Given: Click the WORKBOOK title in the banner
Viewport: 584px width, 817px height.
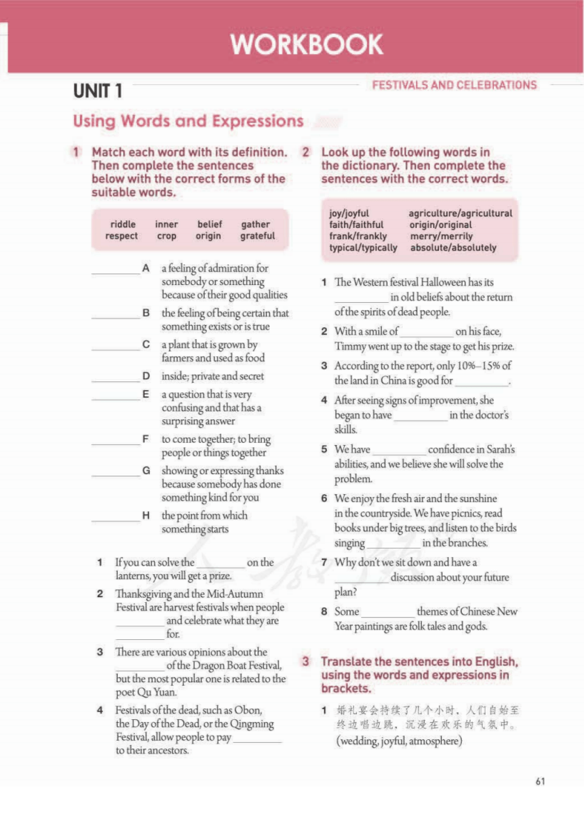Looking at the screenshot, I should pos(306,45).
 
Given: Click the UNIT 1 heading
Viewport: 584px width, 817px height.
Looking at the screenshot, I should pos(97,91).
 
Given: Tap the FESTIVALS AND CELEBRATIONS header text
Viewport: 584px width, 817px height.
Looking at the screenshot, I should pos(454,85).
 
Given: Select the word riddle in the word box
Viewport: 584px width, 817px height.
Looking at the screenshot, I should pos(123,224).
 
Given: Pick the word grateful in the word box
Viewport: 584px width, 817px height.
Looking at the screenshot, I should pos(257,236).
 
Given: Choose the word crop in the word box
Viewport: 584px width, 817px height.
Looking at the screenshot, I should pos(166,236).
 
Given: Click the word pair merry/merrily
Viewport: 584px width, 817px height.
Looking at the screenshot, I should pos(440,236).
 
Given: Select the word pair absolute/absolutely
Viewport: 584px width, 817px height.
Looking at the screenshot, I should pos(453,248).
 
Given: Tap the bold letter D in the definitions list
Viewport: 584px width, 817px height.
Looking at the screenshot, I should pos(146,376).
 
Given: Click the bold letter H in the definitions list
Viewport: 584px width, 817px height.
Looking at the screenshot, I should pos(146,515).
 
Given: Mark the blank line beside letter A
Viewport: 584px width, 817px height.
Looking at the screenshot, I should pos(116,272).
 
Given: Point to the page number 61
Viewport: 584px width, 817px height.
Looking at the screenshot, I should pos(540,781).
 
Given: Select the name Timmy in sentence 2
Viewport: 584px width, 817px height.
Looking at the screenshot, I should pos(350,346).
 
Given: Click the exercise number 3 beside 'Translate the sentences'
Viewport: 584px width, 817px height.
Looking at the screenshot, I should pos(306,661).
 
